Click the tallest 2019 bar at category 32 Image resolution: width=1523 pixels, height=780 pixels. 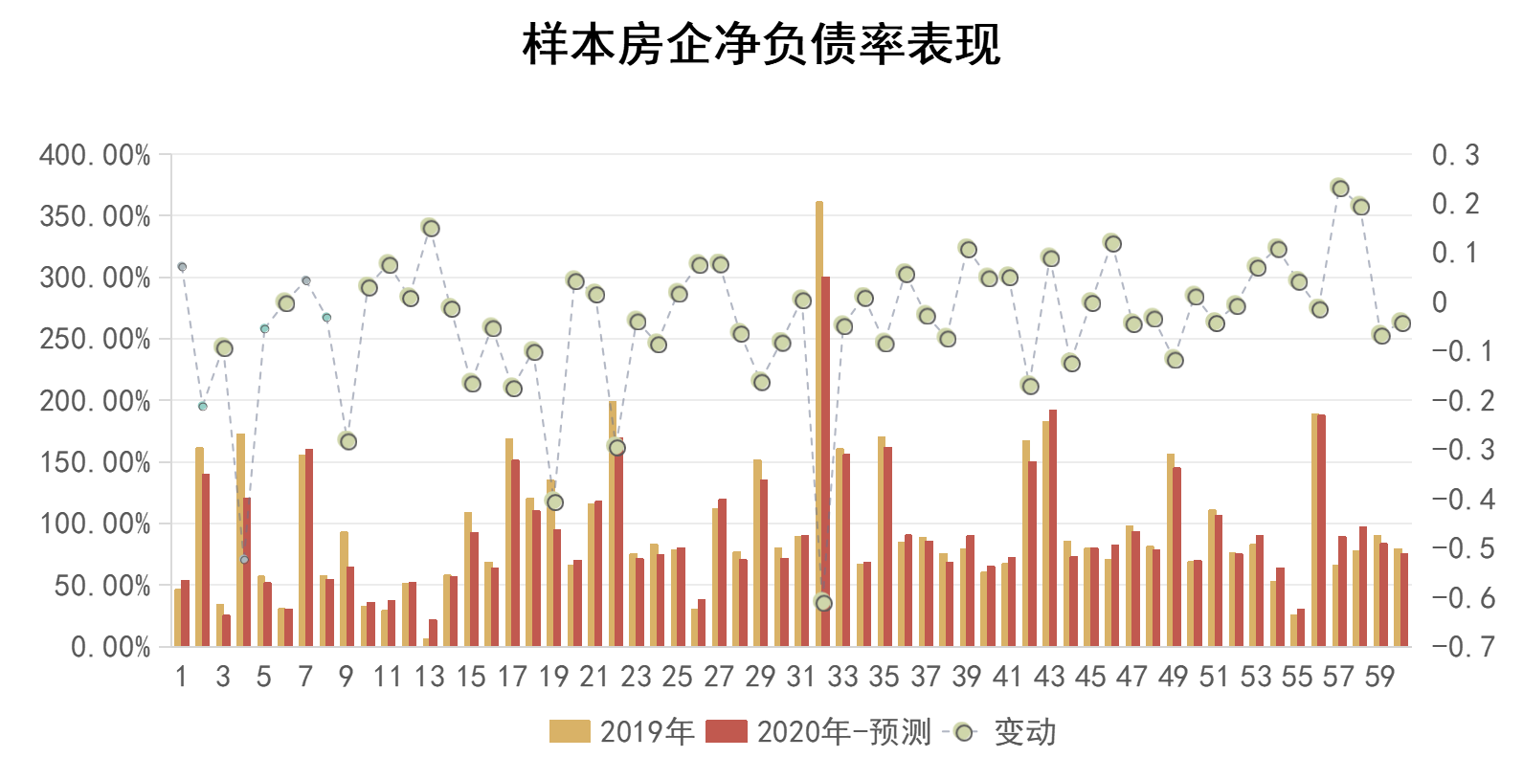[818, 421]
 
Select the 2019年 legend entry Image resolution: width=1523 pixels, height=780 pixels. [622, 732]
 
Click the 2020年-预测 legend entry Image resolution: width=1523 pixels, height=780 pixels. [819, 732]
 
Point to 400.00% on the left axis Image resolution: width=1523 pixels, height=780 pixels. [95, 155]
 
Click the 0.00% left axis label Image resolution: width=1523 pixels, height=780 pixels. [110, 648]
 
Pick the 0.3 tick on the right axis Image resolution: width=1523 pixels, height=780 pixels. [1455, 155]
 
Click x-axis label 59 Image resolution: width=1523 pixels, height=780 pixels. [1379, 678]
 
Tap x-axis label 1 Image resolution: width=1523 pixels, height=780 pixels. [181, 678]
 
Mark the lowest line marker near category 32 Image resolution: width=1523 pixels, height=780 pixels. [822, 602]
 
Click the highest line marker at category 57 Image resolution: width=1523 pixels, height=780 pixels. [1339, 188]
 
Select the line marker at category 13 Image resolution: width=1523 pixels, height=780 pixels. [430, 228]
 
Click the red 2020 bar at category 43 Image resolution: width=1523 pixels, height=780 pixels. [1053, 526]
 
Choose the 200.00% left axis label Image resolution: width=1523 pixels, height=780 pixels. [95, 401]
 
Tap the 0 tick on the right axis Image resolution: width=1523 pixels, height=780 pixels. [1439, 302]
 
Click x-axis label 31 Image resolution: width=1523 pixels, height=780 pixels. [801, 678]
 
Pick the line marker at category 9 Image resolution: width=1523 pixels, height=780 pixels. [347, 440]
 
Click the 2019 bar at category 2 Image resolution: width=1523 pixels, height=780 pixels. [199, 546]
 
